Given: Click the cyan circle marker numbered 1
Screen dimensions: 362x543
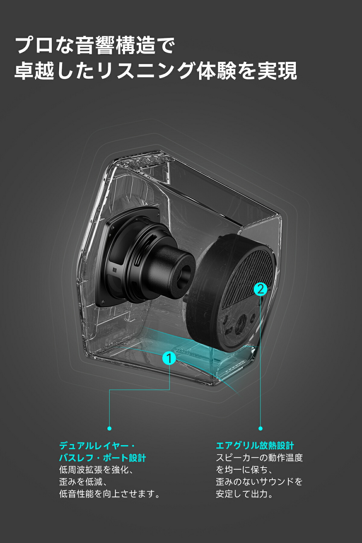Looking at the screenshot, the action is click(x=169, y=358).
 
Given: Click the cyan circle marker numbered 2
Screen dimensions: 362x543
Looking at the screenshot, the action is click(x=260, y=289).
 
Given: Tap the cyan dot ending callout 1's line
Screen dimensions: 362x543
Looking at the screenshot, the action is click(x=110, y=428).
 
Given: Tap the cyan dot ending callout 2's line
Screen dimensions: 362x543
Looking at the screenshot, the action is click(x=261, y=428).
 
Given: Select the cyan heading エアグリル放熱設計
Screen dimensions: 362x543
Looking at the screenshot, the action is click(x=255, y=446).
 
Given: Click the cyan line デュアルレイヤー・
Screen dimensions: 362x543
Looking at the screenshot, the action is click(x=97, y=446).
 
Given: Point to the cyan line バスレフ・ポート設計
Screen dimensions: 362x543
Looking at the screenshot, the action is click(x=103, y=458).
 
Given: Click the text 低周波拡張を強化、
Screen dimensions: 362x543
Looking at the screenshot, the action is click(x=97, y=470).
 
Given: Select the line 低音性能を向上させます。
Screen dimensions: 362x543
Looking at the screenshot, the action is click(x=110, y=494).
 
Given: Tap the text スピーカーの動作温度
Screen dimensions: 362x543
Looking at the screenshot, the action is click(x=259, y=458).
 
